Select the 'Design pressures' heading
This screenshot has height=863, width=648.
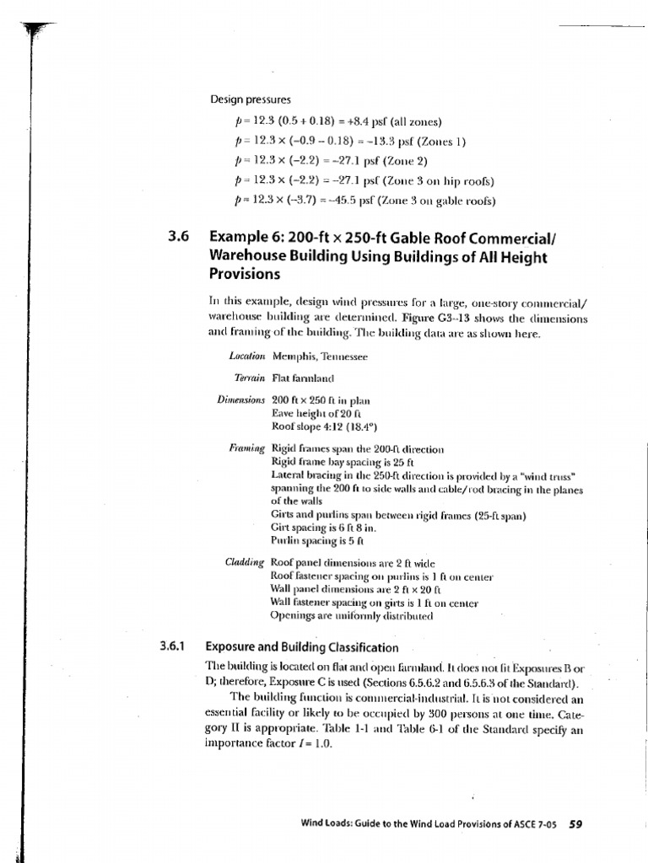tap(251, 99)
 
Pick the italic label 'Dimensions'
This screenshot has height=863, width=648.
tap(241, 399)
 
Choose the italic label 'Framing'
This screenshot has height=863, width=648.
tap(247, 448)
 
